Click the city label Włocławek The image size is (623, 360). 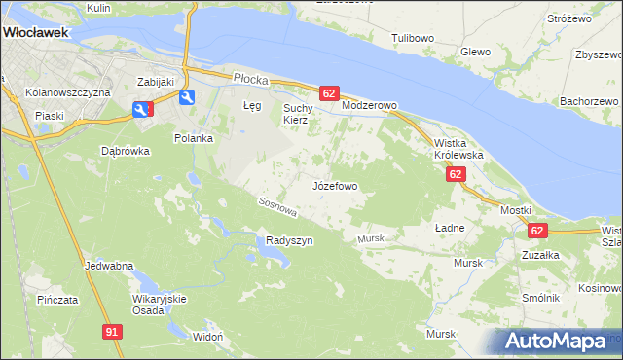(x=35, y=32)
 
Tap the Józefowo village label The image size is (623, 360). (x=335, y=185)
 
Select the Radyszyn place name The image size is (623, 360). (x=289, y=240)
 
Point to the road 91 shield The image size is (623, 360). (x=112, y=332)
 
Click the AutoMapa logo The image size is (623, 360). (x=556, y=342)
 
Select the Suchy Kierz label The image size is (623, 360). (x=296, y=114)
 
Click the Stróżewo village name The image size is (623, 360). (x=569, y=18)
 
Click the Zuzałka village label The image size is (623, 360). (x=539, y=255)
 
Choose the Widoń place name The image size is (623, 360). (x=208, y=336)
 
